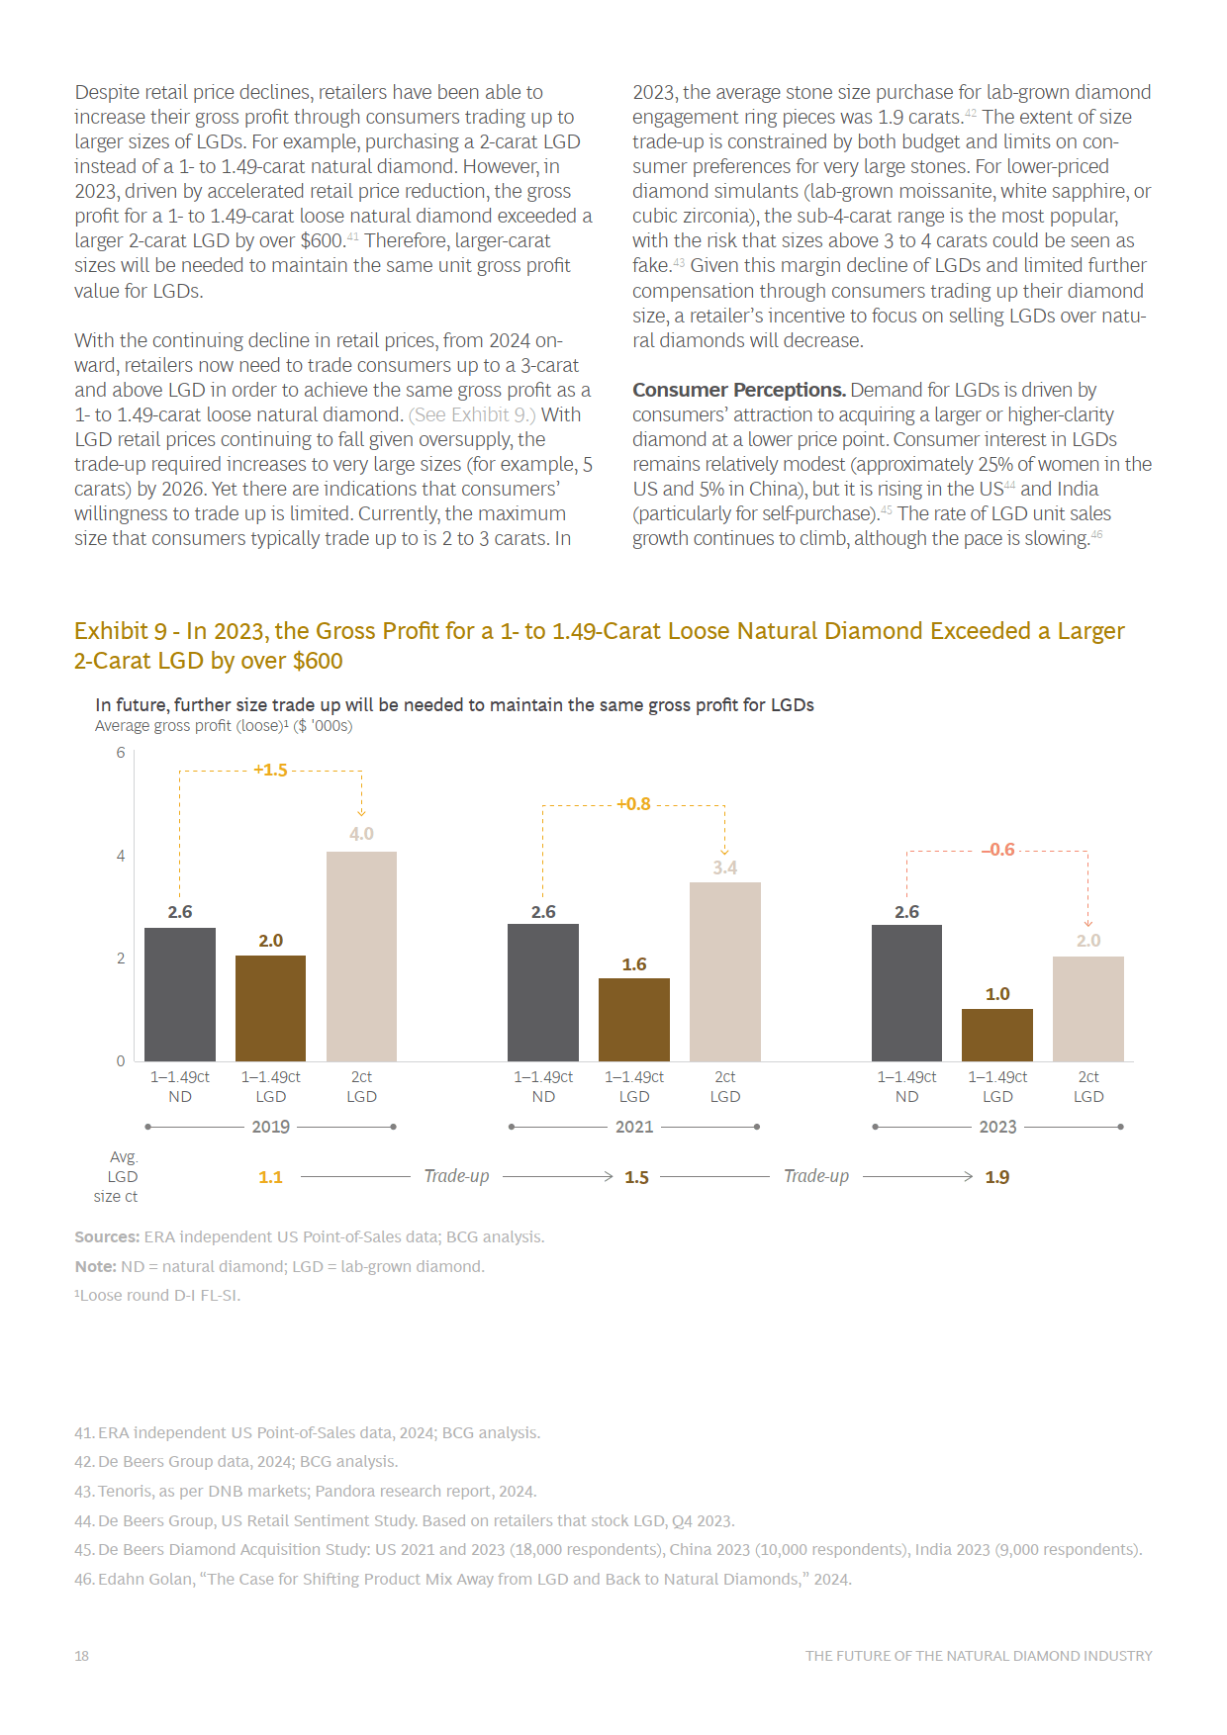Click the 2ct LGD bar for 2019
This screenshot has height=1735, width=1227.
(x=361, y=957)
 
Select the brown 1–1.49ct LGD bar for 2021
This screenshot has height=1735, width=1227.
(x=634, y=1020)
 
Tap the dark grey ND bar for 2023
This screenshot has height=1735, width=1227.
(x=906, y=993)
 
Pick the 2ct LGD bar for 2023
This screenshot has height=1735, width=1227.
(x=1088, y=1009)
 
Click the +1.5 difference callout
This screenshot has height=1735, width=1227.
(x=270, y=770)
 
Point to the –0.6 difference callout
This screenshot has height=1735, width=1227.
(x=998, y=850)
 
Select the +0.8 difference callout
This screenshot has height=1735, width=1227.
(x=633, y=804)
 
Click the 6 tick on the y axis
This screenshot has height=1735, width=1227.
(x=121, y=753)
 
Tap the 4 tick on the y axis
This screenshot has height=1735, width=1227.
(x=121, y=856)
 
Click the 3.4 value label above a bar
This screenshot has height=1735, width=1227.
(x=725, y=867)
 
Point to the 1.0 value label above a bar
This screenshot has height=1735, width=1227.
(x=997, y=994)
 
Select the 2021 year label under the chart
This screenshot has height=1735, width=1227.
(x=634, y=1127)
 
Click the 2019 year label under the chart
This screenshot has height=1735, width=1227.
(x=271, y=1127)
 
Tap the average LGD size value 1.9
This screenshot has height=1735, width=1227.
(x=997, y=1177)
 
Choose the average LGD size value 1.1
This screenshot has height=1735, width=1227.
(x=270, y=1177)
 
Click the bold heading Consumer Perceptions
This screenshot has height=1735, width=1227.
(x=739, y=390)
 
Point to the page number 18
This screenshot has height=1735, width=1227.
(x=81, y=1656)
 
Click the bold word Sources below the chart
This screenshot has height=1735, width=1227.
(x=107, y=1236)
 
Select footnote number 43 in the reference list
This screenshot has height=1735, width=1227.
(x=84, y=1491)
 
